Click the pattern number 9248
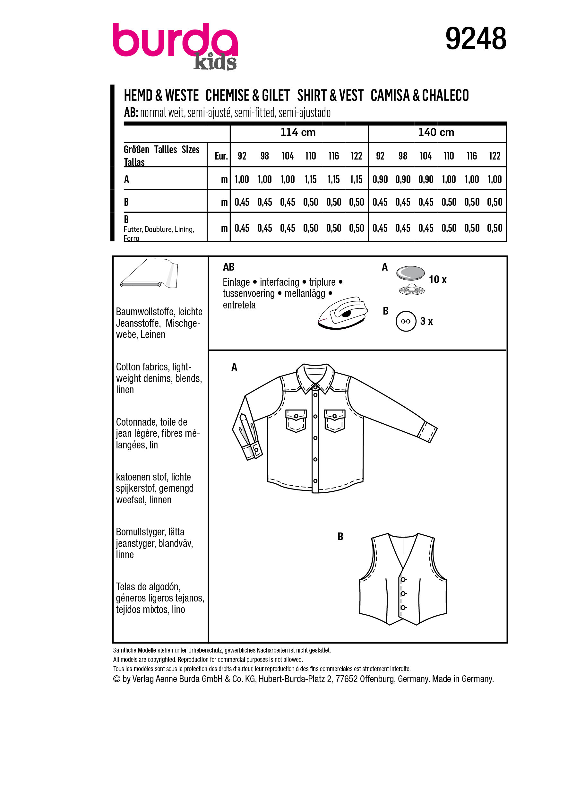475,39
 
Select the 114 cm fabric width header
298,132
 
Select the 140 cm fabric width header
436,132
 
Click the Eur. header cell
221,156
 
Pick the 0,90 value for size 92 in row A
380,179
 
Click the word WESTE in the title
182,95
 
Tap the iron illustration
343,313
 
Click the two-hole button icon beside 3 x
406,321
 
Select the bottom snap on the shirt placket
315,481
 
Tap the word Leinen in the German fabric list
153,334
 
